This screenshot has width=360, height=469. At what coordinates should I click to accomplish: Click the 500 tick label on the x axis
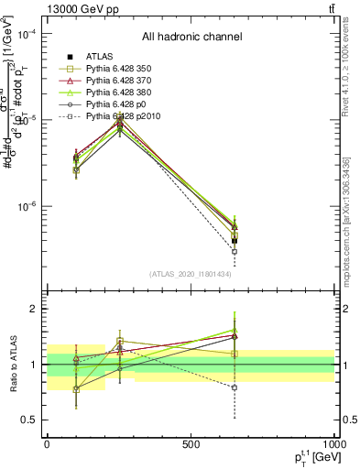click(x=191, y=442)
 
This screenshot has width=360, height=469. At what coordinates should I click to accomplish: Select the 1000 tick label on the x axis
click(x=333, y=442)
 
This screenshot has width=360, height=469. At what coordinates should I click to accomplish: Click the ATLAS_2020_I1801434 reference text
click(x=191, y=274)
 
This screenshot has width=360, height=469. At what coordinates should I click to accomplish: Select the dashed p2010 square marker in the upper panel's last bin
click(x=235, y=251)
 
